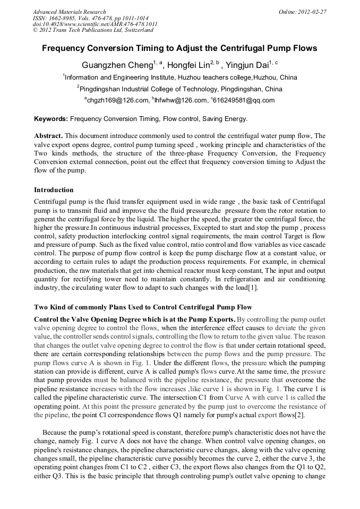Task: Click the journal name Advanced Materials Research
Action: pyautogui.click(x=69, y=12)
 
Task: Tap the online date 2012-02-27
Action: pyautogui.click(x=311, y=12)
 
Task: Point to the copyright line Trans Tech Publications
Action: pyautogui.click(x=93, y=31)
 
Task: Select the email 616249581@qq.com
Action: pyautogui.click(x=244, y=100)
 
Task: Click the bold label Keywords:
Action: pyautogui.click(x=51, y=119)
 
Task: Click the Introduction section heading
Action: pyautogui.click(x=54, y=190)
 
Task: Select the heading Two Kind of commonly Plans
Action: pyautogui.click(x=143, y=307)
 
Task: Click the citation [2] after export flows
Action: pyautogui.click(x=300, y=415)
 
